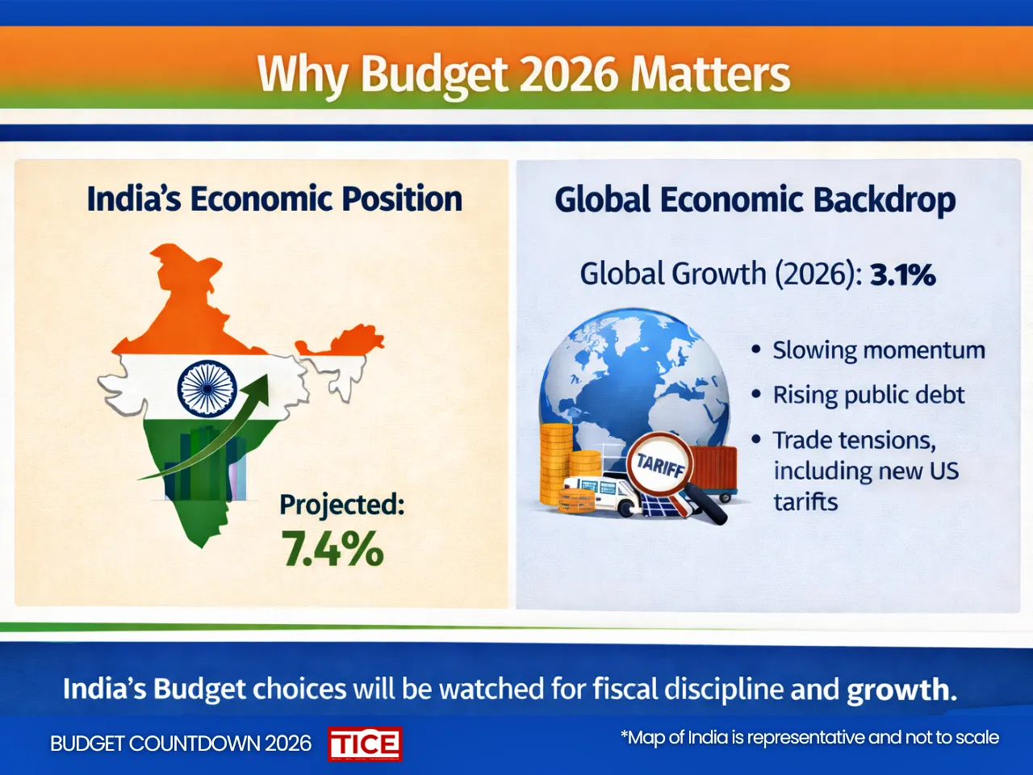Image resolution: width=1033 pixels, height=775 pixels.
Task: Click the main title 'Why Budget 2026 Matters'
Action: pos(523,74)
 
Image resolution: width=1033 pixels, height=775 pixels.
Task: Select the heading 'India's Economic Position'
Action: pos(274,199)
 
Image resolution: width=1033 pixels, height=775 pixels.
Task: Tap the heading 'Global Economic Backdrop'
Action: pos(755,200)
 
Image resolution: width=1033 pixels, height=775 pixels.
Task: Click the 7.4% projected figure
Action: pos(332,549)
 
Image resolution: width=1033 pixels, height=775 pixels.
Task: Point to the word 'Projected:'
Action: pos(341,505)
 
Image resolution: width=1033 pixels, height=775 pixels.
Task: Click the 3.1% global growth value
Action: pos(902,275)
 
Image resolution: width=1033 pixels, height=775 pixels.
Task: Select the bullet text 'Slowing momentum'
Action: pos(878,350)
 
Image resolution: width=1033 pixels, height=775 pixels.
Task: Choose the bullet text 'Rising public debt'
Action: pos(868,395)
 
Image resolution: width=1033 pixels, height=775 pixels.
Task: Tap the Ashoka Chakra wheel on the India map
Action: pos(207,388)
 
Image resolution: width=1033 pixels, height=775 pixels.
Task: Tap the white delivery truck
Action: pos(601,493)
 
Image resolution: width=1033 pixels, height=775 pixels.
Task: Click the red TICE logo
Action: pos(365,744)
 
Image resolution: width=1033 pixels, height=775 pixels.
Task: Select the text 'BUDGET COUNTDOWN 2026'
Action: pos(180,744)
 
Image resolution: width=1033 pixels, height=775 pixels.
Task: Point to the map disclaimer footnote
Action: pos(809,738)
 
